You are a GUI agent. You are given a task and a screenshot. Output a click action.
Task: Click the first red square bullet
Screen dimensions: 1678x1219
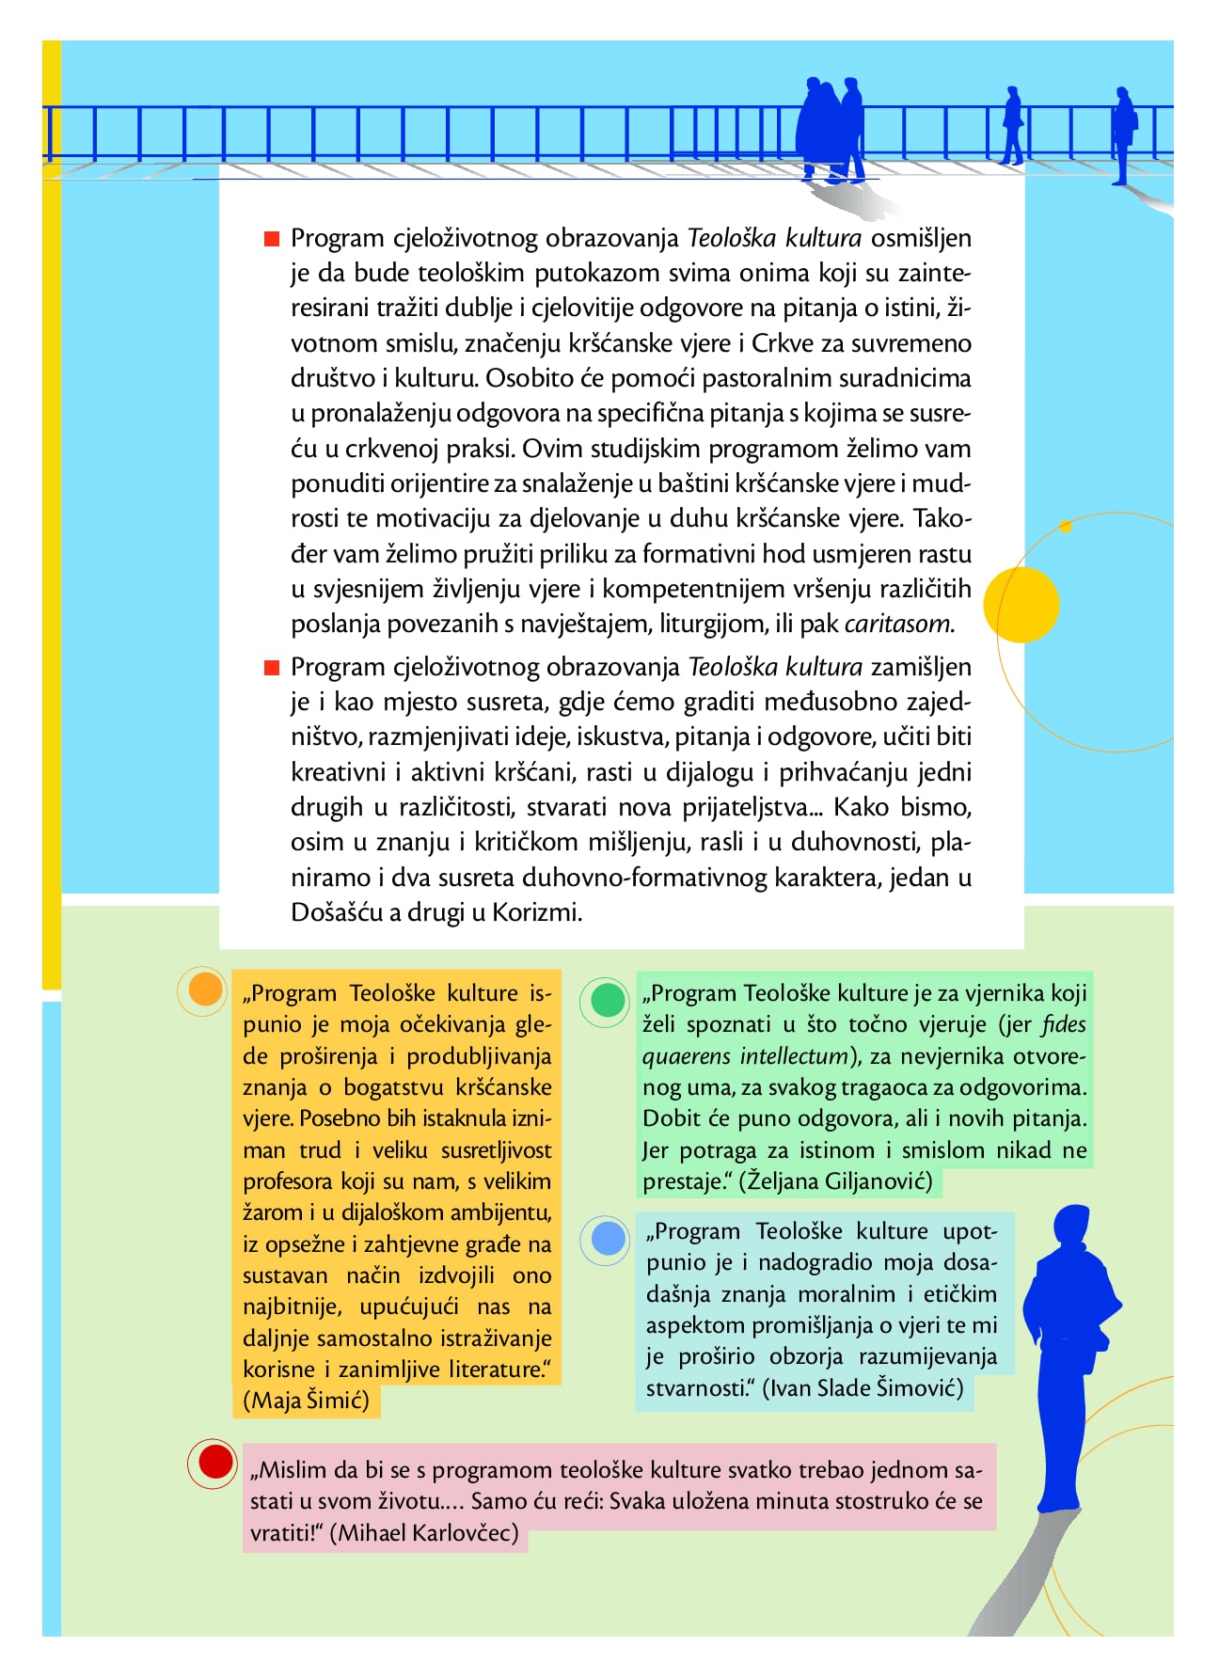(x=272, y=239)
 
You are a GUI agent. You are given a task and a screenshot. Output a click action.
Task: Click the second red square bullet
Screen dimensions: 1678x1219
(x=272, y=668)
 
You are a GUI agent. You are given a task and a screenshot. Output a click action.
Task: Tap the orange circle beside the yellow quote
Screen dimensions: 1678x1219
(x=205, y=989)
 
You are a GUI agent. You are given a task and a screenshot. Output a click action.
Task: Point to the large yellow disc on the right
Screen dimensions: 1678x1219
(x=1021, y=604)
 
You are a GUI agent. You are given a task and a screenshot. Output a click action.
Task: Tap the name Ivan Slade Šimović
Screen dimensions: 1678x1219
(x=863, y=1388)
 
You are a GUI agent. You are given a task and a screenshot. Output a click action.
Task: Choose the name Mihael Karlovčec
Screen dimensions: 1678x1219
(x=429, y=1533)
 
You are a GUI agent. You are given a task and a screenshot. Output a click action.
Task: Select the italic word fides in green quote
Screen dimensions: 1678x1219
(x=1064, y=1024)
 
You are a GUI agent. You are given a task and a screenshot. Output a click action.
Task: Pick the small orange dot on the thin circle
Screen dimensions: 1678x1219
(x=1066, y=527)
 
